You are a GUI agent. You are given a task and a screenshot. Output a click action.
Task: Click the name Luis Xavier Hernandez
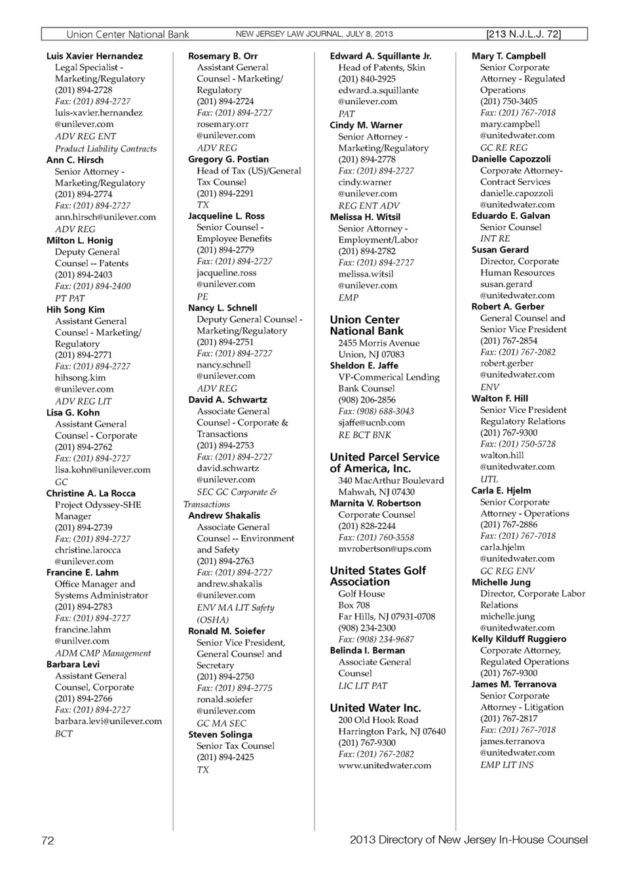[x=94, y=56]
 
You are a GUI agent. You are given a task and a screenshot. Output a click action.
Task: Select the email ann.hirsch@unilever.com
[x=105, y=217]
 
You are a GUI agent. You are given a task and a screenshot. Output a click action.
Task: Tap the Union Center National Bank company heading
[x=366, y=325]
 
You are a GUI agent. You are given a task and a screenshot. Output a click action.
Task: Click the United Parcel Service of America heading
[x=385, y=463]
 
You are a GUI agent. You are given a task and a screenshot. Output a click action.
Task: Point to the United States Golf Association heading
[x=377, y=576]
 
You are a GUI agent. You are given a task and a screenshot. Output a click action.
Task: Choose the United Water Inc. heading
[x=375, y=708]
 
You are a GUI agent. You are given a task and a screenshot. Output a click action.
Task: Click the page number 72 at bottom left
[x=48, y=841]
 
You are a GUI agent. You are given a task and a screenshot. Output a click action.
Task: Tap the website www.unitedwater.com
[x=385, y=765]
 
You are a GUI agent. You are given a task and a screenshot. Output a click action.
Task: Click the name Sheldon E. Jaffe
[x=364, y=366]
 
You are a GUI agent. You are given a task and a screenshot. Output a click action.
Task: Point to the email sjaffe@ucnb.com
[x=372, y=423]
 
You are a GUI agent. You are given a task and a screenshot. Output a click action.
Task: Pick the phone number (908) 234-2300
[x=367, y=628]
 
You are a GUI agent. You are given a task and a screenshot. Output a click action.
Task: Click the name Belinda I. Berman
[x=367, y=651]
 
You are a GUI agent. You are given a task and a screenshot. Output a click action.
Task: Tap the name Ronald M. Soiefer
[x=227, y=631]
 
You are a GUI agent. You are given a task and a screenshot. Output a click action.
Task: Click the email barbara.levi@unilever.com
[x=108, y=721]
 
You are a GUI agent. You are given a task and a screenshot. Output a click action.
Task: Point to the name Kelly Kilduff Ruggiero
[x=519, y=639]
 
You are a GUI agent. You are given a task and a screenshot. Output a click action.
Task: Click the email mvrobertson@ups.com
[x=385, y=549]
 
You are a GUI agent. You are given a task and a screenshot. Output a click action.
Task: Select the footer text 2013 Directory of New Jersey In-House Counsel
[x=468, y=840]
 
